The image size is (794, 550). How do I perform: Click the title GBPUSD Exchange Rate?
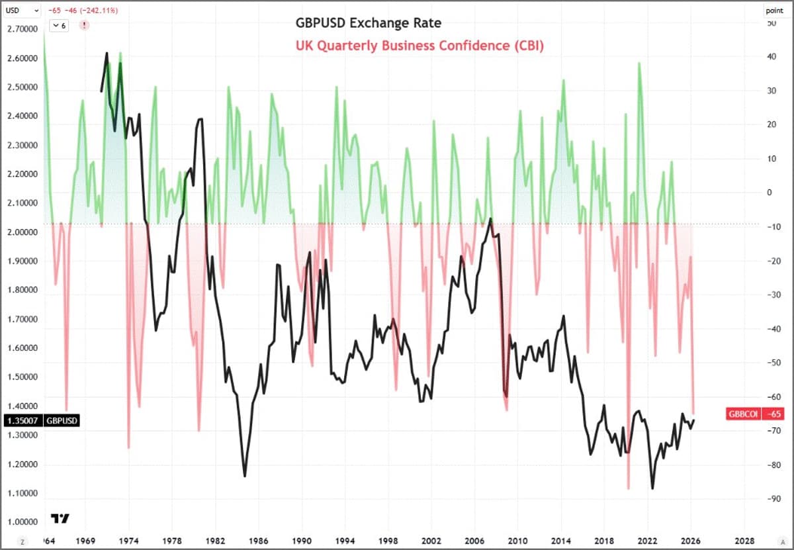(368, 24)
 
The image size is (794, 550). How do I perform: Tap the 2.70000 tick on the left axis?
(22, 29)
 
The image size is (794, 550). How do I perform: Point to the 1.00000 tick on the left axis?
(22, 522)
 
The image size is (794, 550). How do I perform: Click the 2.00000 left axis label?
(22, 232)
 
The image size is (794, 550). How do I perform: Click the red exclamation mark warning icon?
(84, 25)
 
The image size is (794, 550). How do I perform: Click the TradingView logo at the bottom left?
(60, 518)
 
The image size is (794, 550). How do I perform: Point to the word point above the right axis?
(774, 11)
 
